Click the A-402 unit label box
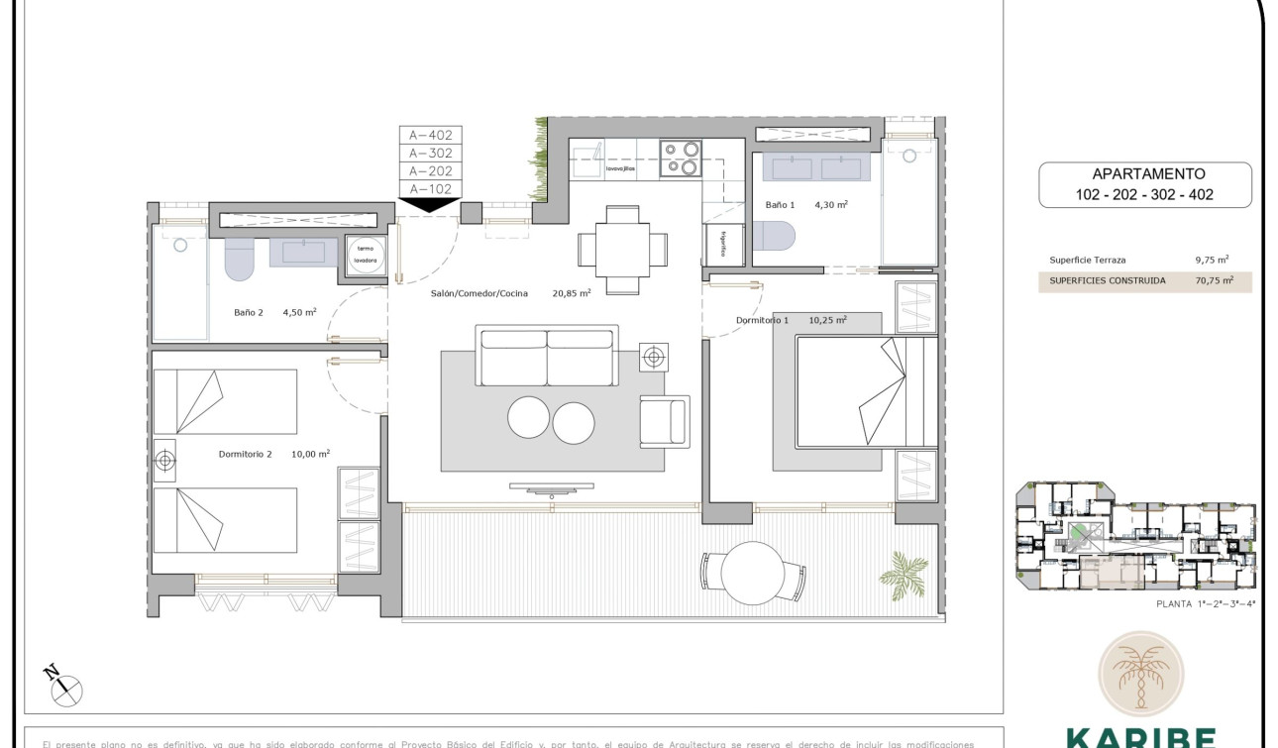click(x=430, y=136)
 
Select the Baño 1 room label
click(x=780, y=205)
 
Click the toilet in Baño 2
click(x=240, y=258)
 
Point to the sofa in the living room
click(x=547, y=357)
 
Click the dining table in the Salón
click(x=622, y=250)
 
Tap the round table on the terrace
click(x=753, y=572)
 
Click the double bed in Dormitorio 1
click(x=865, y=391)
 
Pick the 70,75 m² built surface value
click(x=1214, y=280)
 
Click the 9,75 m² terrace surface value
click(x=1212, y=260)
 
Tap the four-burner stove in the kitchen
click(x=681, y=159)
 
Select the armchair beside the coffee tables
click(x=664, y=420)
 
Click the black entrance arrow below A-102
click(x=429, y=205)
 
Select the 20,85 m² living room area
click(x=571, y=293)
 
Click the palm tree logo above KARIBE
click(x=1139, y=675)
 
